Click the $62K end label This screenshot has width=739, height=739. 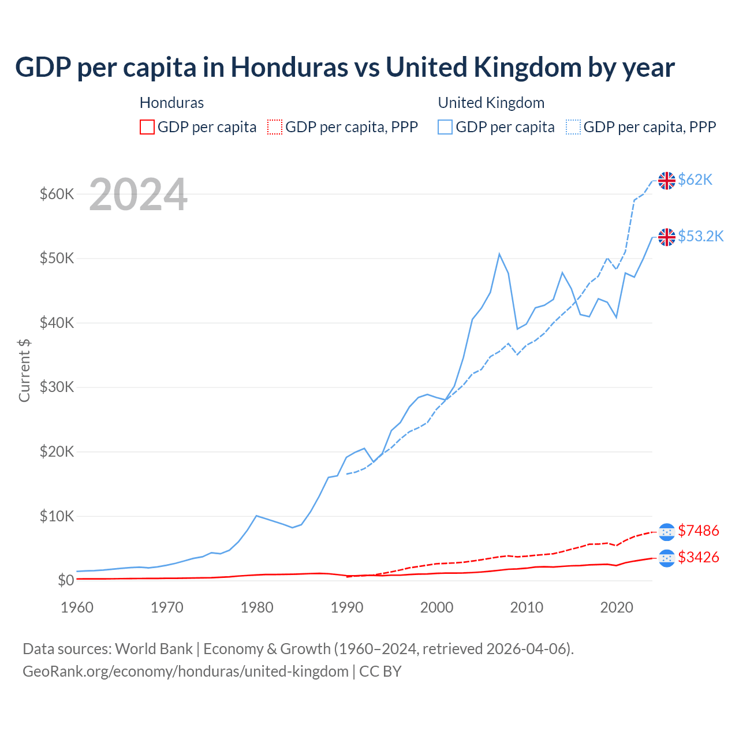(x=695, y=180)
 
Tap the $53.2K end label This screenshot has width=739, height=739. (x=700, y=237)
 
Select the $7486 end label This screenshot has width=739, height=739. (x=698, y=531)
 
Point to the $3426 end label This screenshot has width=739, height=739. (x=698, y=558)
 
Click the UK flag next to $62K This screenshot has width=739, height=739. (x=667, y=181)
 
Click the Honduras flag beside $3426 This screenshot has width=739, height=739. (x=667, y=558)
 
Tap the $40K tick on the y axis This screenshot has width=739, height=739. (x=57, y=323)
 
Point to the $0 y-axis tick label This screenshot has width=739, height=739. (x=65, y=580)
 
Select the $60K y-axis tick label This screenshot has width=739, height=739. (x=57, y=194)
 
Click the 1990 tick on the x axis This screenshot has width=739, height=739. (x=347, y=607)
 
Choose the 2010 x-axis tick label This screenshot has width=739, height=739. (x=527, y=607)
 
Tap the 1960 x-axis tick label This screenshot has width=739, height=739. (x=77, y=607)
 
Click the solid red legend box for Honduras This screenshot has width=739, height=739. (x=147, y=127)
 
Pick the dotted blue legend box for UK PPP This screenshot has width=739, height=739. (x=573, y=127)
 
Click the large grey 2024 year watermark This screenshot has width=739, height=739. (x=138, y=195)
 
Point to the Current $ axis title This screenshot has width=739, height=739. (x=24, y=370)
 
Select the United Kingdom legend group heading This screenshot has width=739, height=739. (x=491, y=103)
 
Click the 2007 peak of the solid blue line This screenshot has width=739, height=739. (x=499, y=254)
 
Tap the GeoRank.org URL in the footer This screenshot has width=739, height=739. (x=185, y=671)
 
